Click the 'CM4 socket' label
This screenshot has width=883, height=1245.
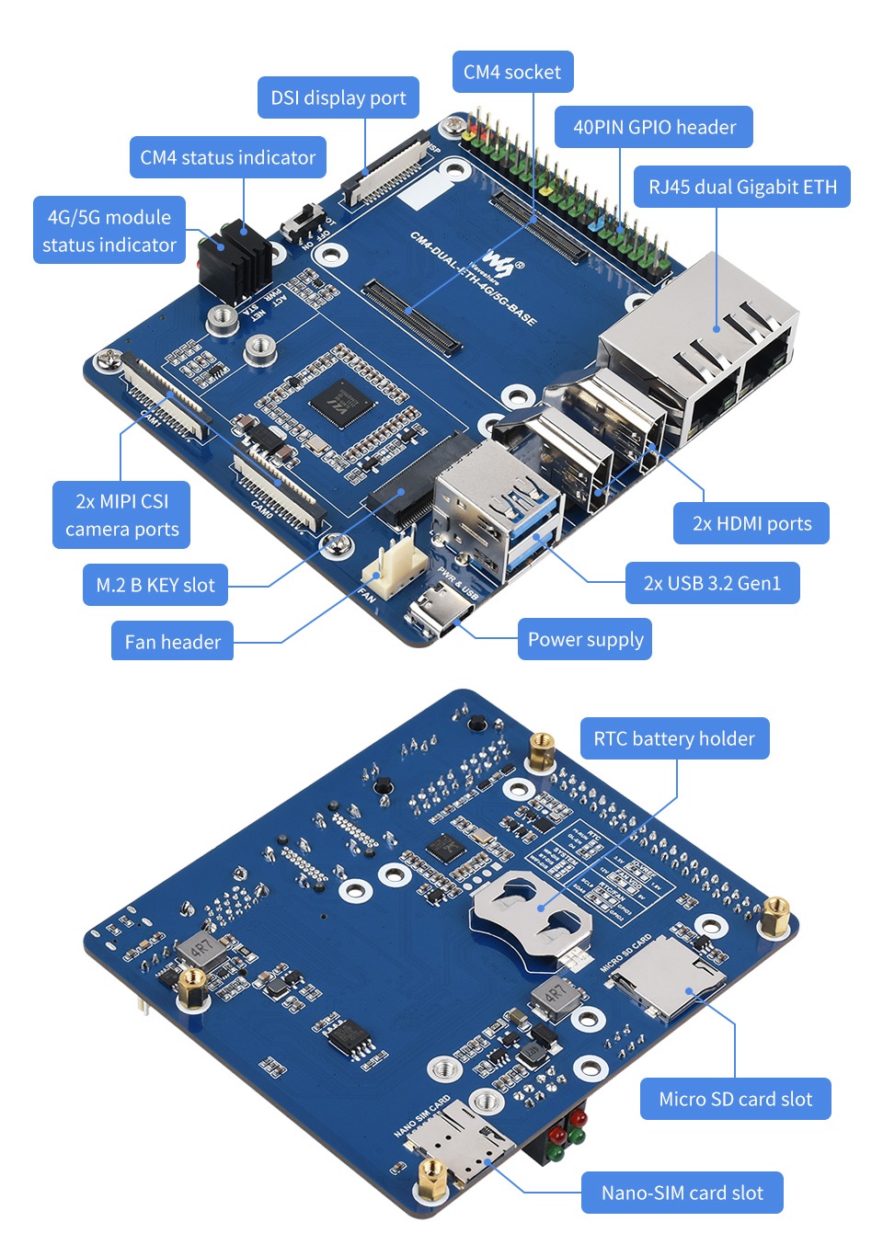click(512, 72)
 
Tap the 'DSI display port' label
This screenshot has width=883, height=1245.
click(338, 97)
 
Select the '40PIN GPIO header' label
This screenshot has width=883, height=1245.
click(654, 127)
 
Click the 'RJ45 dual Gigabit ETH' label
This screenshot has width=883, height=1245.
click(742, 187)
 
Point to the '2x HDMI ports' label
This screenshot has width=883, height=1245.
click(751, 523)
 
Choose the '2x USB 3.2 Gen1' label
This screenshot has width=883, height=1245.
click(712, 583)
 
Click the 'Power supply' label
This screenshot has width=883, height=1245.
click(585, 639)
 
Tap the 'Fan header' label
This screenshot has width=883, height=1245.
click(172, 641)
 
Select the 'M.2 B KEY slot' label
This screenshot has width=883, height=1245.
click(155, 585)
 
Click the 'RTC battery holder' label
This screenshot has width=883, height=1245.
click(674, 738)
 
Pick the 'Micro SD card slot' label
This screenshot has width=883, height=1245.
click(735, 1099)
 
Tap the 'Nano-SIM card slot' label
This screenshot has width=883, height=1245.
click(682, 1193)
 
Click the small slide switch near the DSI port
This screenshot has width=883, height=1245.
click(304, 223)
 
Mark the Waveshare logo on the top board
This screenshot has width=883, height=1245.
click(499, 262)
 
